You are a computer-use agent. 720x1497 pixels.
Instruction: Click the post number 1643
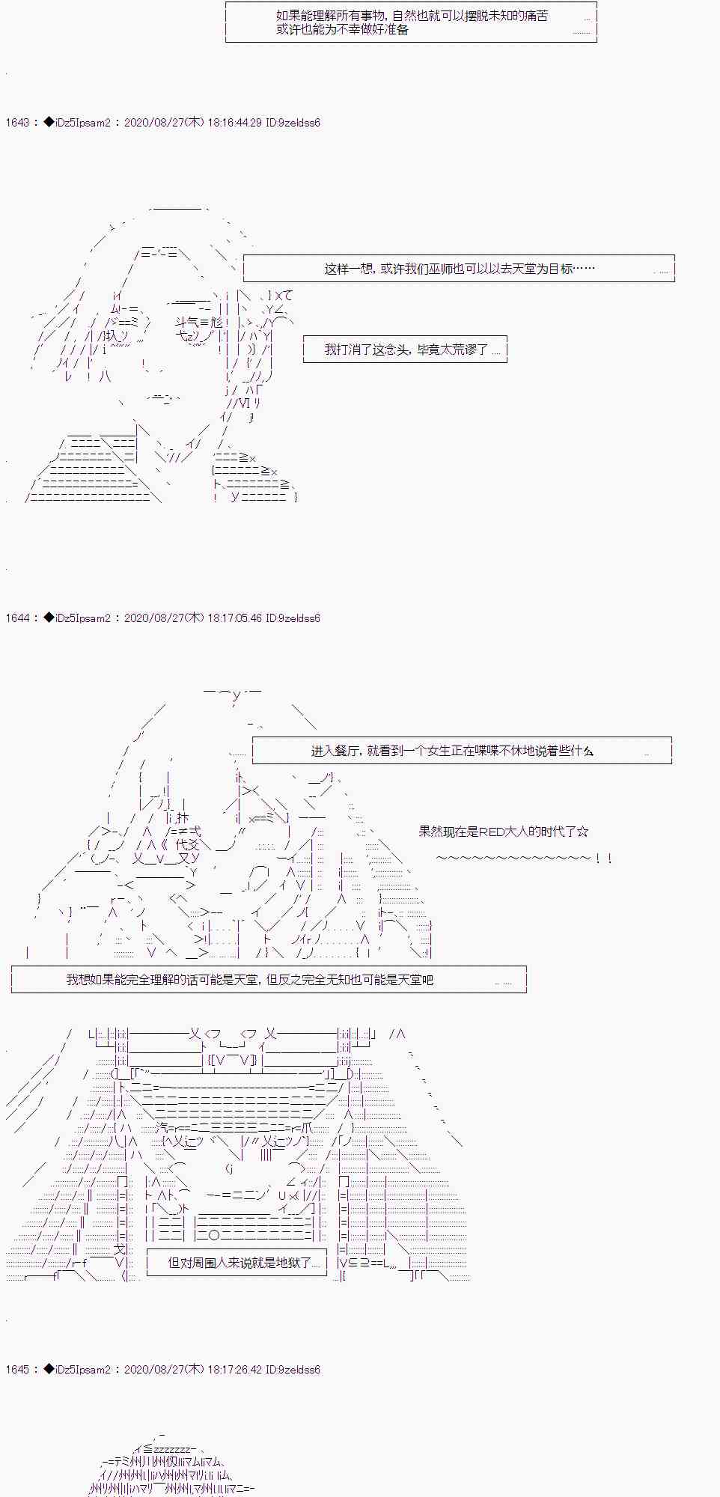16,123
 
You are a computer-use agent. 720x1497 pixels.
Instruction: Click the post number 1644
16,618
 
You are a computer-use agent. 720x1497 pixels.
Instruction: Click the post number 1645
16,1370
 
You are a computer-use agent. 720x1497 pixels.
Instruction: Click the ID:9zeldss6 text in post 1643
293,123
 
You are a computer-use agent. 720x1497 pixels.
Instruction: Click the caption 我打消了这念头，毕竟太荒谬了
406,350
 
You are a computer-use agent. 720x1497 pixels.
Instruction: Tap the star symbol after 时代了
583,832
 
